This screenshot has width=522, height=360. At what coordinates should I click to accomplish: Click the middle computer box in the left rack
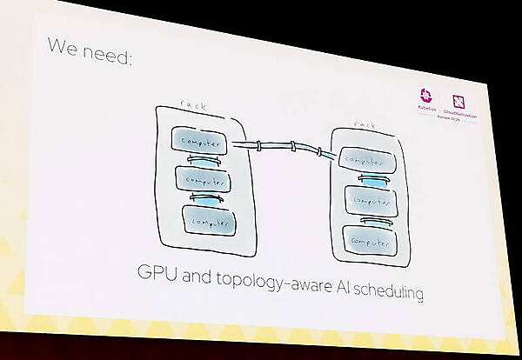pyautogui.click(x=202, y=179)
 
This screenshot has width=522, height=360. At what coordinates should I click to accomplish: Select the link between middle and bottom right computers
pyautogui.click(x=365, y=218)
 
